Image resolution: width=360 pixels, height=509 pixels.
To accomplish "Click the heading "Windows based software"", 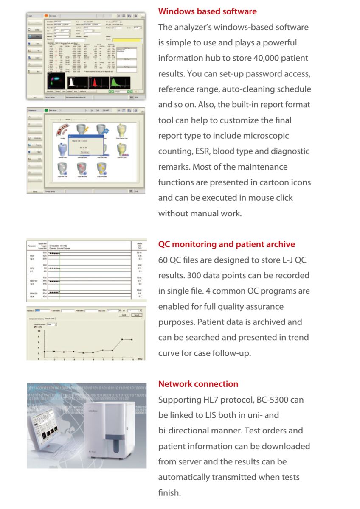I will (207, 11).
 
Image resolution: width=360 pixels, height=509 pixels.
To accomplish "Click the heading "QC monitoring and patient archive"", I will (226, 244).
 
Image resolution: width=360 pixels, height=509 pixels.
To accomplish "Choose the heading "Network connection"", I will (198, 384).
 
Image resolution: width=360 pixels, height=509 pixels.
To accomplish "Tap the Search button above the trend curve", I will (137, 315).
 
